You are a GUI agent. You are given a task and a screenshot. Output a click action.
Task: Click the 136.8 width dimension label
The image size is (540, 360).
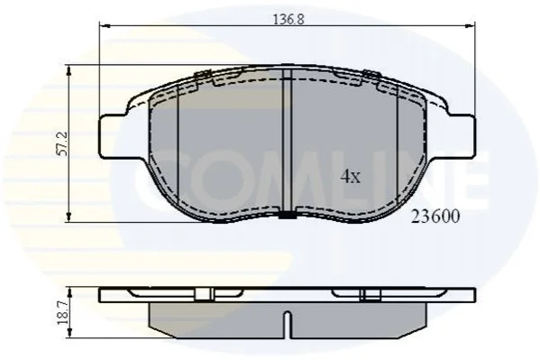point(288,19)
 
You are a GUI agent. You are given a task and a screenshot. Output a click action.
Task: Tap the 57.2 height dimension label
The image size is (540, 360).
point(63,143)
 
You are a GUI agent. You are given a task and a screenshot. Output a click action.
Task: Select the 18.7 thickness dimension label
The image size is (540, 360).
point(63,313)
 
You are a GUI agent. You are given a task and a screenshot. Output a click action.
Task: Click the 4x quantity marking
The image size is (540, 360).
point(351,176)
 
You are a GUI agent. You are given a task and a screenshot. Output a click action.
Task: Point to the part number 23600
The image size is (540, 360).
point(435,217)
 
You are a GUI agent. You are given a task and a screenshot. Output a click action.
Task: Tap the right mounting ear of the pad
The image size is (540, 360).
point(462,136)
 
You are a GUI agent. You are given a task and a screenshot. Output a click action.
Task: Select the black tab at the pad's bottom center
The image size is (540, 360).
point(288,215)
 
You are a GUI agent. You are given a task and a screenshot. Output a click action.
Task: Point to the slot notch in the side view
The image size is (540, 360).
point(287,325)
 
